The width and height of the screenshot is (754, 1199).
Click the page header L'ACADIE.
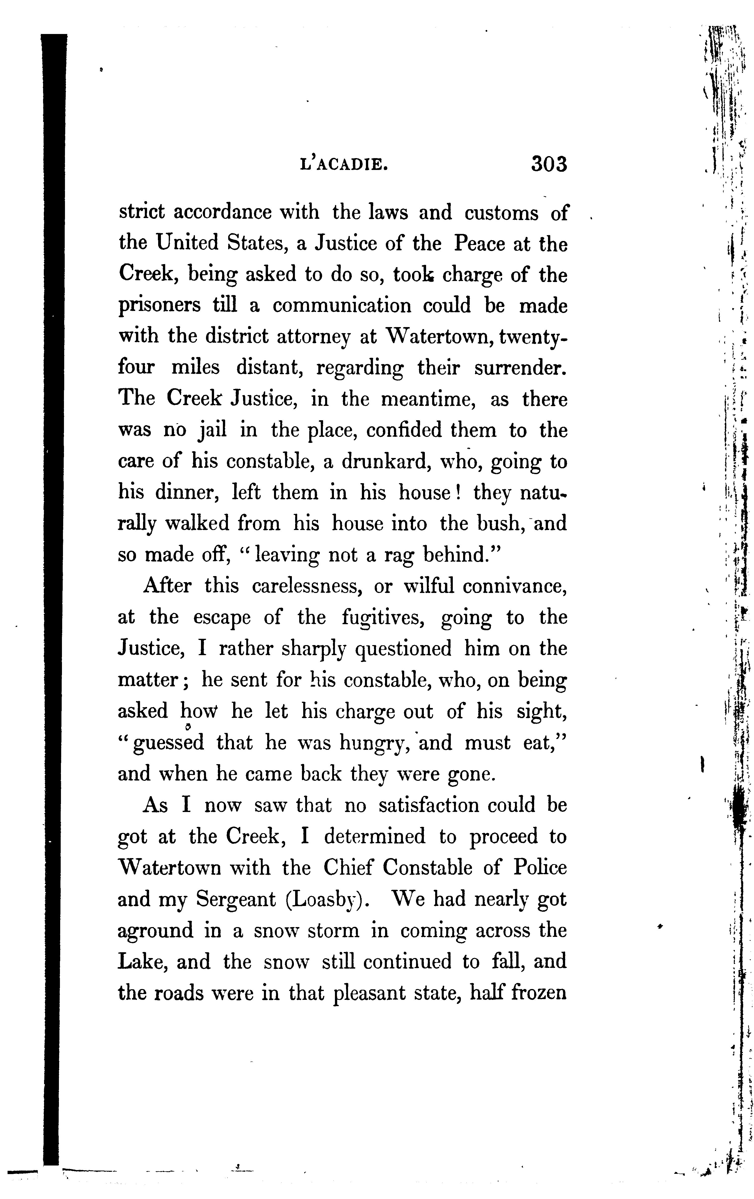[x=344, y=164]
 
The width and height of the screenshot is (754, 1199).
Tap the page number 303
[x=549, y=163]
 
